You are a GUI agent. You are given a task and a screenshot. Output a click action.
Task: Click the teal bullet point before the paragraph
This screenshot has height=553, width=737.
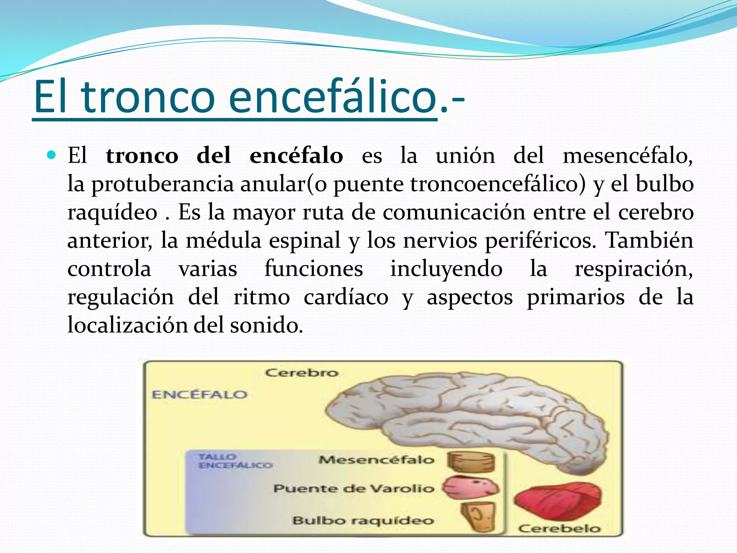51,156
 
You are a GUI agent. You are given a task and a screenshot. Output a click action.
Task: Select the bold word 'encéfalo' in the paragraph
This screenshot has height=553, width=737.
296,156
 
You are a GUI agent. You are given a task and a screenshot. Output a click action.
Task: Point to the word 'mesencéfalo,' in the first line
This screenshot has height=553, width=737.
628,156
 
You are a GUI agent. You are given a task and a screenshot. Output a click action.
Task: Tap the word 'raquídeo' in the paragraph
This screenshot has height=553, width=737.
112,212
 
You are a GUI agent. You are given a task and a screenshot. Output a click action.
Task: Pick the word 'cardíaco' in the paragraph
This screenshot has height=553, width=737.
346,297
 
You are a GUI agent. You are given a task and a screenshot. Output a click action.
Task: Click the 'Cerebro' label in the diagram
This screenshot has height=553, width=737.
302,373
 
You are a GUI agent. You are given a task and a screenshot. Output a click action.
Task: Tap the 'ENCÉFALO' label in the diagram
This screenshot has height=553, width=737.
199,395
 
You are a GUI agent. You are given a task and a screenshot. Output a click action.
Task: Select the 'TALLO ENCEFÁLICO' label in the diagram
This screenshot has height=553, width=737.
235,461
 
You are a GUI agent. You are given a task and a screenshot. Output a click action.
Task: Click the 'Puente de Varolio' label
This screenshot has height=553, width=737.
354,489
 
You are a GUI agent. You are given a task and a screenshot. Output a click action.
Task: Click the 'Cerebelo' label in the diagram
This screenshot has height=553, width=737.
559,529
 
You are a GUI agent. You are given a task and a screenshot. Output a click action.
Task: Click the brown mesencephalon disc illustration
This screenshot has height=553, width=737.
471,462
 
